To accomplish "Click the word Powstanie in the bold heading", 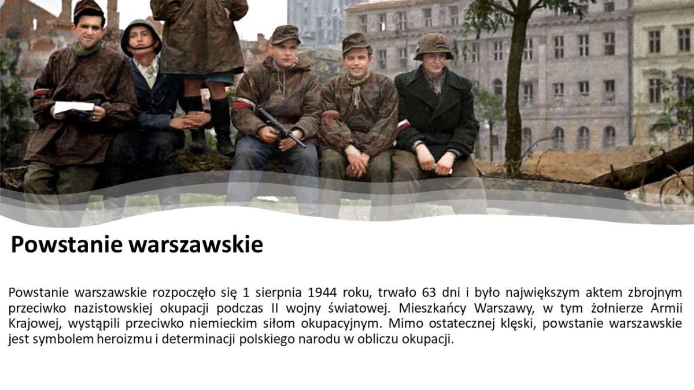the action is click(67, 244).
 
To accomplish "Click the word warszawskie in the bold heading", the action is click(196, 244).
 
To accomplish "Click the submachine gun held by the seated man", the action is click(279, 127).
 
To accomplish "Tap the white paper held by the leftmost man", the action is click(74, 107).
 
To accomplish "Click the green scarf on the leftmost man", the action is click(87, 49).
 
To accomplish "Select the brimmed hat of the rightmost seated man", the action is click(433, 46).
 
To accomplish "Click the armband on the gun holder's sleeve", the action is click(243, 103).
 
